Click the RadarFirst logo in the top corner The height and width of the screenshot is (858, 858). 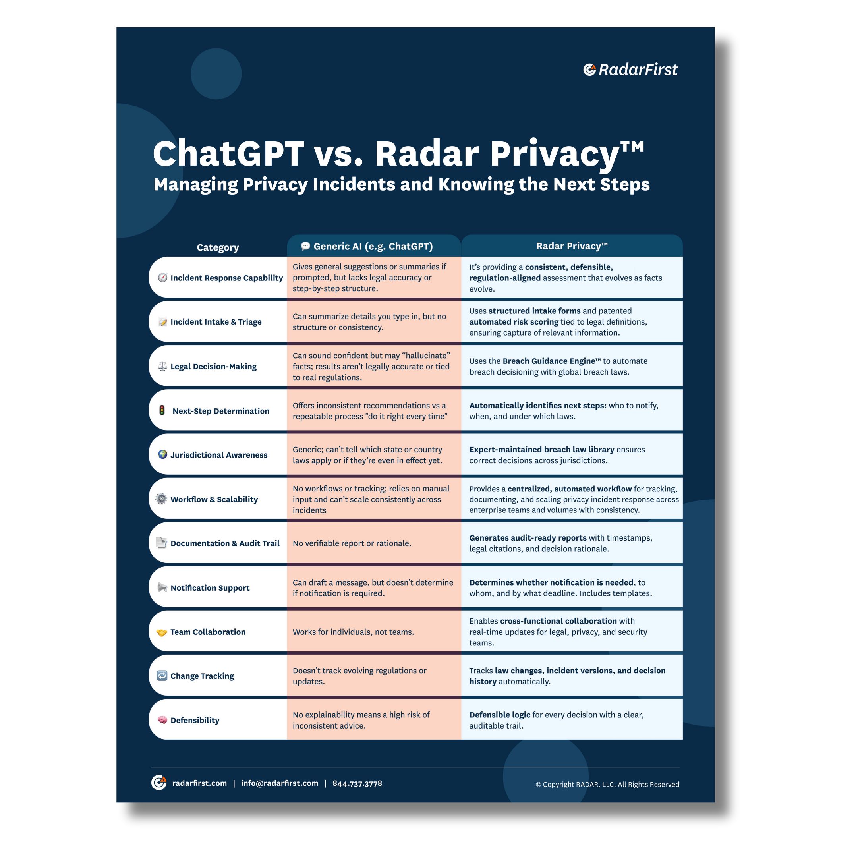click(x=630, y=70)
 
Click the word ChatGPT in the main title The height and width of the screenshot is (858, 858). click(x=228, y=154)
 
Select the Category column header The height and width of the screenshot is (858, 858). click(x=218, y=247)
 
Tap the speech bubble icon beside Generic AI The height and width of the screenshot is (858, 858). click(x=305, y=246)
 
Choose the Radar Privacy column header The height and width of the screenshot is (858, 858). click(x=572, y=246)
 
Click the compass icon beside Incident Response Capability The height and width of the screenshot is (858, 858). click(x=162, y=278)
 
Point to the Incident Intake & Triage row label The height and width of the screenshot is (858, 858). click(x=216, y=321)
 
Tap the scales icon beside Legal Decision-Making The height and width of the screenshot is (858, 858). click(x=162, y=366)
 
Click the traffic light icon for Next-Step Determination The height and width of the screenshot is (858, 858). click(x=162, y=410)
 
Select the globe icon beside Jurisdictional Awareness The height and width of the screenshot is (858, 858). click(x=162, y=454)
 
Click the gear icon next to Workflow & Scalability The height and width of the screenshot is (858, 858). click(x=161, y=499)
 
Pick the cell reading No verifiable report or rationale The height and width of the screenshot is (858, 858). click(x=352, y=543)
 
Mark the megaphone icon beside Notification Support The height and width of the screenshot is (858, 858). click(x=162, y=587)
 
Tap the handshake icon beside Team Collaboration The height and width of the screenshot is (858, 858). click(x=162, y=632)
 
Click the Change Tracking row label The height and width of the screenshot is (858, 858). click(x=202, y=676)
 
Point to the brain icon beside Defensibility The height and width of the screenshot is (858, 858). click(x=162, y=720)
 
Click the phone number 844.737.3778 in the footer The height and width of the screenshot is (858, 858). click(x=357, y=783)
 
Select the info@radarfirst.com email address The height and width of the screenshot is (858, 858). click(x=279, y=783)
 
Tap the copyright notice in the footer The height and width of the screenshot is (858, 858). click(x=607, y=784)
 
